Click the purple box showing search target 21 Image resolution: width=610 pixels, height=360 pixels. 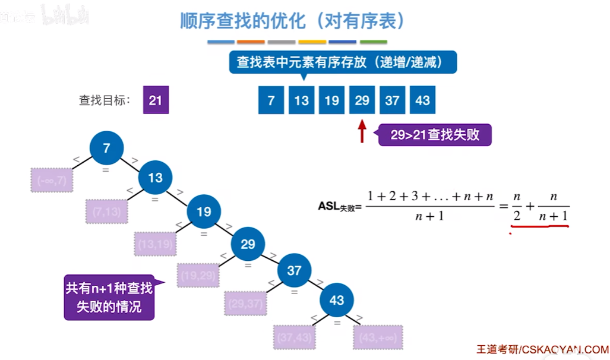click(x=156, y=100)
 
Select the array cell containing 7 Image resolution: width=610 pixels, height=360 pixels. click(x=271, y=100)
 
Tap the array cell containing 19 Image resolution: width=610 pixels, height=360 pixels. click(x=331, y=100)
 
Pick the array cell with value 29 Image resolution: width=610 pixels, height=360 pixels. click(x=362, y=100)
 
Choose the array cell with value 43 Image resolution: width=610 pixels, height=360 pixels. click(x=422, y=100)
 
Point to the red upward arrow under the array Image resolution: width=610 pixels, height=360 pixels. click(x=362, y=131)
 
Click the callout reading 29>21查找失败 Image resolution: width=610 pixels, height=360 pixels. click(x=435, y=135)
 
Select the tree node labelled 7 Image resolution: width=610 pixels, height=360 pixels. click(x=106, y=148)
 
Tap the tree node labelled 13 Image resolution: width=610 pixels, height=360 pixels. click(x=155, y=178)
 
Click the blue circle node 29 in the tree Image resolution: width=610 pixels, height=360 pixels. click(x=248, y=244)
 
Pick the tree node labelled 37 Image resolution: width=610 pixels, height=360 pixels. click(x=294, y=270)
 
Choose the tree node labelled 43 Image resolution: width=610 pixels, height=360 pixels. click(x=337, y=299)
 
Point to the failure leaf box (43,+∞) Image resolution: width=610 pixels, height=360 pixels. click(x=378, y=337)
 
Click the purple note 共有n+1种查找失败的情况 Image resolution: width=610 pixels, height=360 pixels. click(x=109, y=298)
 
